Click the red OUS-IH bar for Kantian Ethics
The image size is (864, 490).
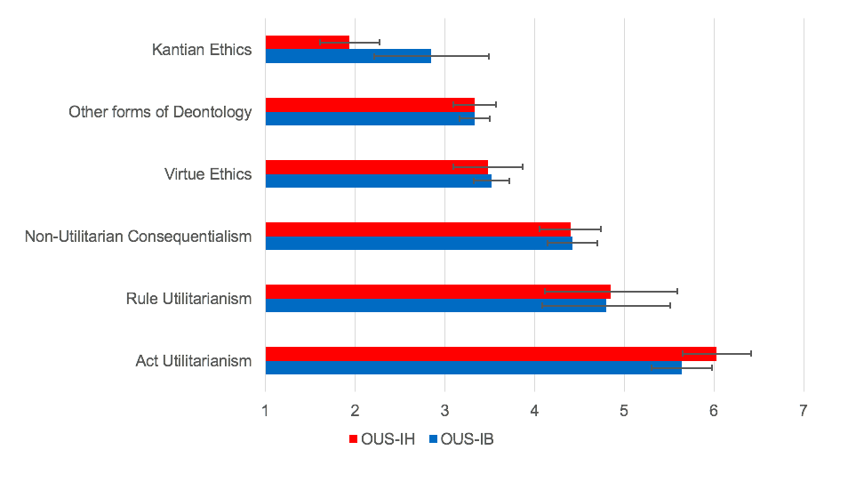click(x=307, y=42)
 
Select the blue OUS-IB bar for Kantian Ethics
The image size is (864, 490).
click(x=348, y=56)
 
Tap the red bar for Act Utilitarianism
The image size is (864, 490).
click(x=490, y=353)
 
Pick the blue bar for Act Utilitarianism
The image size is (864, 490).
click(x=473, y=367)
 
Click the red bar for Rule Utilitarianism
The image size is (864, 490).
click(x=437, y=291)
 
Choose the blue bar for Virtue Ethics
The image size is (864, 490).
click(x=378, y=181)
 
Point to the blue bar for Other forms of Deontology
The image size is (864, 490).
click(x=370, y=118)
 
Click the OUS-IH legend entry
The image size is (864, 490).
click(x=375, y=439)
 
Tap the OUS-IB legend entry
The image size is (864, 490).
click(x=460, y=439)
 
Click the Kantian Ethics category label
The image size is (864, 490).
click(x=202, y=50)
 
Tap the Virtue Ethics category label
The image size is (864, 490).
click(x=208, y=174)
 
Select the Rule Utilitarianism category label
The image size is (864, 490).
click(x=188, y=299)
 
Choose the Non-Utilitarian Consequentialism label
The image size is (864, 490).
click(x=138, y=237)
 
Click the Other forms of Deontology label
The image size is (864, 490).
click(x=160, y=112)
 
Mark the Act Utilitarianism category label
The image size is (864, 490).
click(x=194, y=361)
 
